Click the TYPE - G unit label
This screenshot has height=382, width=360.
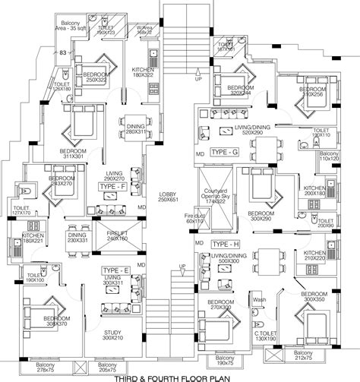coord(226,153)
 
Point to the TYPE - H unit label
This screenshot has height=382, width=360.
coord(225,242)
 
